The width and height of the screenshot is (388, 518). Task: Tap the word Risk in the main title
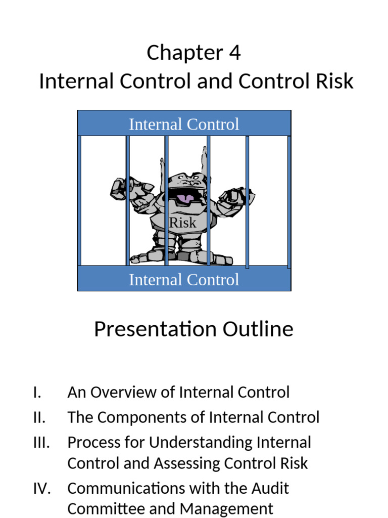(x=333, y=81)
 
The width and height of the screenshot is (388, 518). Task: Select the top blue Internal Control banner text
(x=184, y=124)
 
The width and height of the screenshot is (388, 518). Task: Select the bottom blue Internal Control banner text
(x=184, y=279)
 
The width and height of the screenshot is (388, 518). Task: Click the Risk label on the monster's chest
(x=182, y=222)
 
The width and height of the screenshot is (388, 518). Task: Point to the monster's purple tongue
(x=185, y=198)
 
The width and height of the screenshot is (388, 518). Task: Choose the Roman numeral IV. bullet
(x=41, y=489)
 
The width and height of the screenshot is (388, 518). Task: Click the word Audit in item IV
(x=271, y=489)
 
